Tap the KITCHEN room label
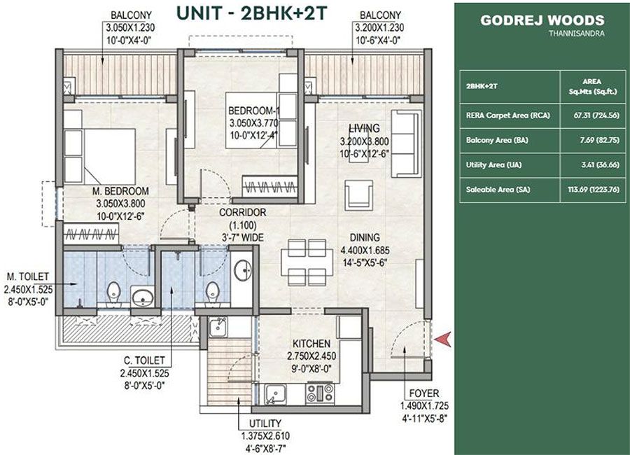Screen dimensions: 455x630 [x=311, y=344]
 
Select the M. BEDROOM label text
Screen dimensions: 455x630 [x=122, y=191]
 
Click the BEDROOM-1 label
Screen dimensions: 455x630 [x=253, y=111]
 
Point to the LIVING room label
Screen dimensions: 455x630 [x=364, y=128]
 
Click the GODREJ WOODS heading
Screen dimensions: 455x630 [x=542, y=20]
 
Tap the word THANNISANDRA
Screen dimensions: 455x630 [x=576, y=33]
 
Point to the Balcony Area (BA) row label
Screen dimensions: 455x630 [x=492, y=140]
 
